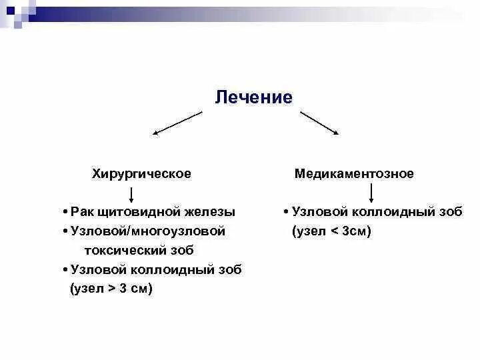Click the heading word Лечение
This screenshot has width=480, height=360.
click(x=254, y=97)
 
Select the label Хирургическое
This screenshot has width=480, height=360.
click(x=141, y=174)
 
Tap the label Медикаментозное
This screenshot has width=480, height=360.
click(x=354, y=174)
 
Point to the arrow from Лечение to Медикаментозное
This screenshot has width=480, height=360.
click(x=320, y=123)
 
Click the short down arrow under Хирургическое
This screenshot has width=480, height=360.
click(x=132, y=195)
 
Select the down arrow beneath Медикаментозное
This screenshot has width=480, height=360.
click(x=371, y=193)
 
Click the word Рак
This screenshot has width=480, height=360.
click(x=82, y=212)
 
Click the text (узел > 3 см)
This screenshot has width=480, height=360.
click(x=111, y=289)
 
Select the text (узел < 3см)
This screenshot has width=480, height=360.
click(x=331, y=231)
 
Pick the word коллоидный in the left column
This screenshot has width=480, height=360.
click(x=173, y=270)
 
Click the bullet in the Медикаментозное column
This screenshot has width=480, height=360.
click(x=285, y=213)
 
